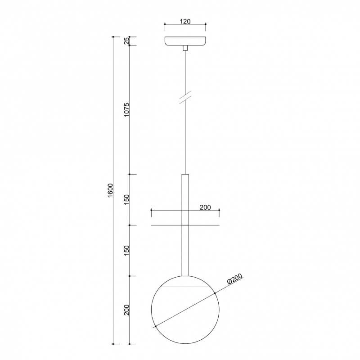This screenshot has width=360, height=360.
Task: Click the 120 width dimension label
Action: click(185, 22)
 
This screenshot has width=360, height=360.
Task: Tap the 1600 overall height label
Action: click(110, 190)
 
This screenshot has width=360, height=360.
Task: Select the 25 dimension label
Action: click(127, 41)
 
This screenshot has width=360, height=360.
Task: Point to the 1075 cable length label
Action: click(127, 110)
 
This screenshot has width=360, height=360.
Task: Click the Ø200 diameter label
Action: click(234, 279)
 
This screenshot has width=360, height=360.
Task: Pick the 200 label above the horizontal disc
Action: click(205, 207)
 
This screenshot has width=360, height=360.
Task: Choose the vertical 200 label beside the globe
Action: click(127, 310)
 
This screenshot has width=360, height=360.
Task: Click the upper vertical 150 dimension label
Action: click(127, 200)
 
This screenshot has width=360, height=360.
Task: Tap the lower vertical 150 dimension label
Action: click(127, 251)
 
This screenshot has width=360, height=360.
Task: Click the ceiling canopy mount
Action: click(185, 41)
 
